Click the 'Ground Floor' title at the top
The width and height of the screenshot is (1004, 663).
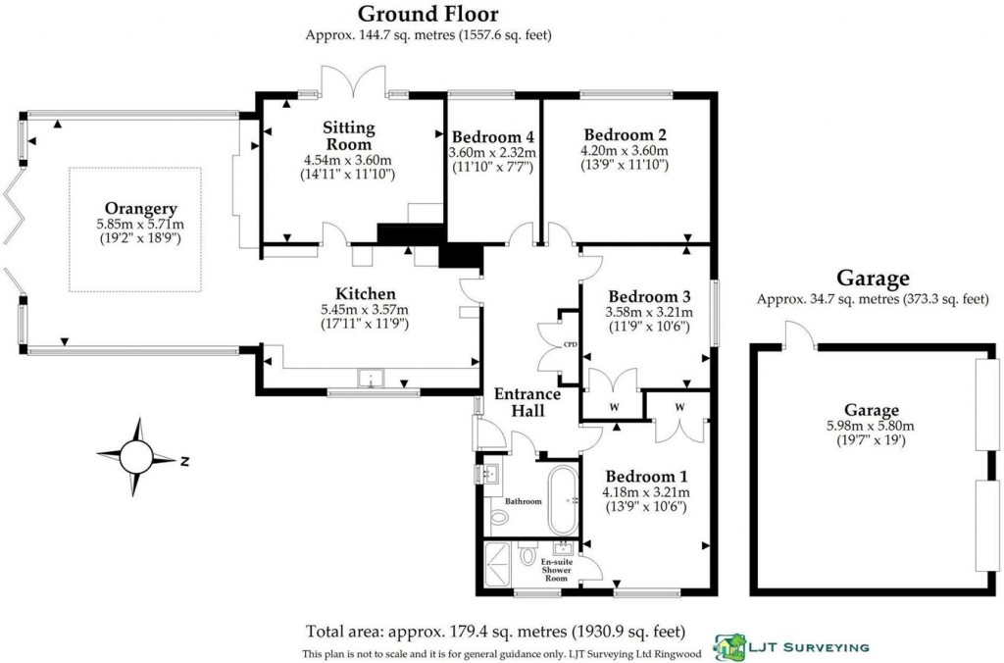[427, 14]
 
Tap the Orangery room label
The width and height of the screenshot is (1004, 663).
[140, 208]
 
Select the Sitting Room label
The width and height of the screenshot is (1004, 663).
[349, 135]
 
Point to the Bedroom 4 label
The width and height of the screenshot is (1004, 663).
[492, 136]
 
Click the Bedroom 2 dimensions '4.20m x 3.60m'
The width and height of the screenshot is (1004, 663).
[625, 151]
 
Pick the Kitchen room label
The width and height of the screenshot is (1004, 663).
[365, 294]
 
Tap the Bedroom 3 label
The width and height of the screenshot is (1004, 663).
[642, 296]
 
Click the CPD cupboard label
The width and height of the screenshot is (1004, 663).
[570, 344]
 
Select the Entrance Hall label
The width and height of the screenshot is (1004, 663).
[527, 402]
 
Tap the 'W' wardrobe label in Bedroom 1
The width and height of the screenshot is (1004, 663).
[678, 407]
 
